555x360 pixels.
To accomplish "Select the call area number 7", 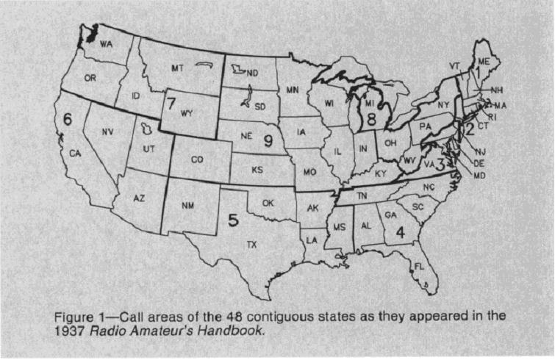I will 171,101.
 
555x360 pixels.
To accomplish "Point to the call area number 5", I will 233,218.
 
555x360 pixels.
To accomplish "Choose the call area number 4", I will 401,231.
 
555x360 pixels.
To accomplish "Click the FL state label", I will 420,266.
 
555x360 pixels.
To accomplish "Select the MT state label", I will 177,68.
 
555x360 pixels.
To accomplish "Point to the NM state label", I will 187,206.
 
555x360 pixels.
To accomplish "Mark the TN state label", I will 362,196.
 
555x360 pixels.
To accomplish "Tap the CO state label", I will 197,159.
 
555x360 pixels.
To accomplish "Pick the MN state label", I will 293,90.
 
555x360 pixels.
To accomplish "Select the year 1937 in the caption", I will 71,330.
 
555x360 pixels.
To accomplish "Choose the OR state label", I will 90,77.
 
